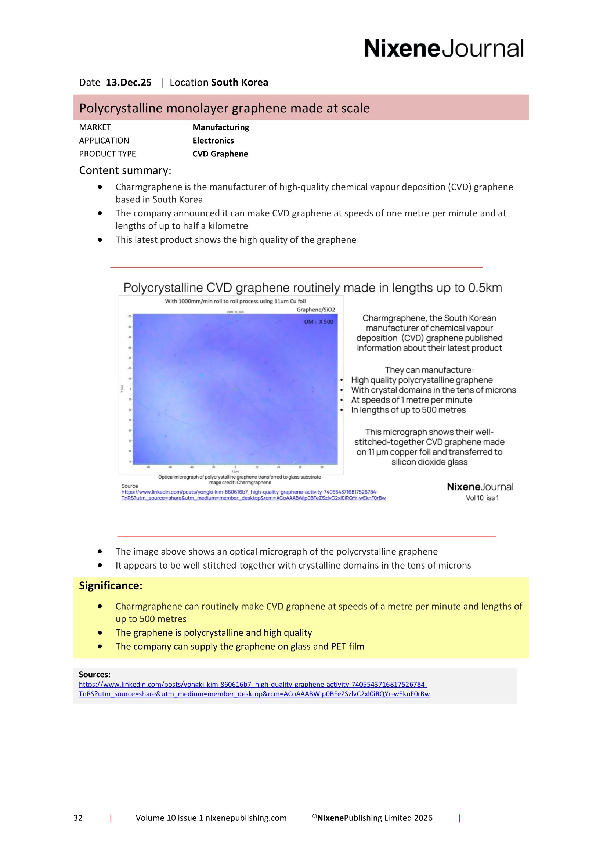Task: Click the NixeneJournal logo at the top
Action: point(444,48)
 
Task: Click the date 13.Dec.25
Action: point(129,82)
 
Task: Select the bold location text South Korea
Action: point(239,82)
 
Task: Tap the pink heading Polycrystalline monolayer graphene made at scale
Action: point(224,108)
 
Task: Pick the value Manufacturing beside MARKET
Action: point(221,127)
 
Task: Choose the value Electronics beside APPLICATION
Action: point(213,141)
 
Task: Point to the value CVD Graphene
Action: point(220,154)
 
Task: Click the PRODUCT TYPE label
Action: point(107,154)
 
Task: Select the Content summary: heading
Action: point(125,171)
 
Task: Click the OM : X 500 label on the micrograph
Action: point(318,321)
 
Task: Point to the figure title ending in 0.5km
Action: point(312,288)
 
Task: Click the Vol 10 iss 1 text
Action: point(482,498)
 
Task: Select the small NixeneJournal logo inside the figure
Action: point(480,487)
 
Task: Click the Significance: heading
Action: point(111,585)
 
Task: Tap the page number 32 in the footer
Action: point(78,818)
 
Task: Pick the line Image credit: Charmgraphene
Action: point(240,482)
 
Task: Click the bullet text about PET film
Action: point(240,646)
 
